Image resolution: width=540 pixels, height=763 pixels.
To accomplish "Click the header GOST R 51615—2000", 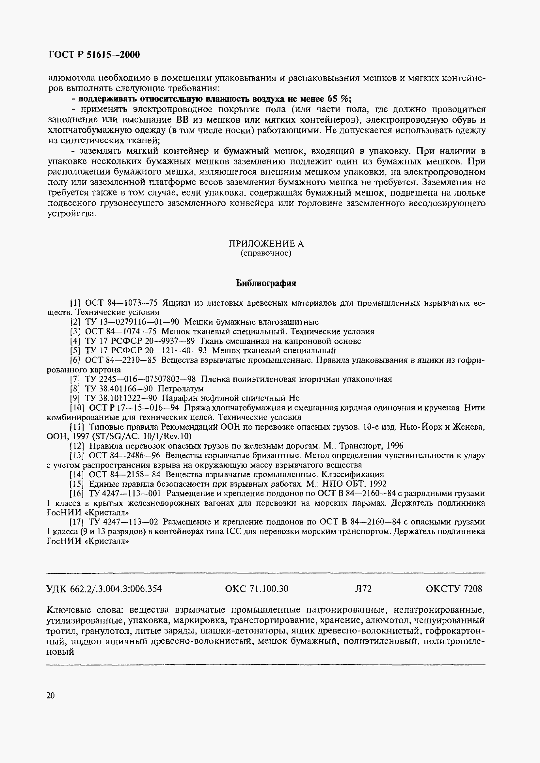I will tap(94, 54).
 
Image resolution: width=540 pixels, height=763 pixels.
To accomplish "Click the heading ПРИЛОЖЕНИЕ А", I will tap(266, 244).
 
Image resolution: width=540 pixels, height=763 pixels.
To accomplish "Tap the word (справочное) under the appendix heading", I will tap(266, 253).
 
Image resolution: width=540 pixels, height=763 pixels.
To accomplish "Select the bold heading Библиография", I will tap(266, 283).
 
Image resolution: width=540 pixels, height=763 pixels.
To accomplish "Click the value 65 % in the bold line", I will tap(339, 99).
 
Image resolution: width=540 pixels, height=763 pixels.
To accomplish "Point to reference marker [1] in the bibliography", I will tap(75, 303).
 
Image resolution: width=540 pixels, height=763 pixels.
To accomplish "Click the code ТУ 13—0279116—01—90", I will tap(132, 322).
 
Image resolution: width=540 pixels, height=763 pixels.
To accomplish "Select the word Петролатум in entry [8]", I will tap(181, 389).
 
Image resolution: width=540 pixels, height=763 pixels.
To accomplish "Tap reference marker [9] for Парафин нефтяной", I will tap(75, 398).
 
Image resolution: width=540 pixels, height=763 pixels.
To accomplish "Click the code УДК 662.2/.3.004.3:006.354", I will tap(104, 588).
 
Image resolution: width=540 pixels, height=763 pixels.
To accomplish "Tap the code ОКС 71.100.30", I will tap(257, 588).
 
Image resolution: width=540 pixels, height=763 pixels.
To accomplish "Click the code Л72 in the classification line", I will tap(363, 588).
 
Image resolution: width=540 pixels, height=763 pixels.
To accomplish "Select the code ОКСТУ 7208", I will tap(453, 588).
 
